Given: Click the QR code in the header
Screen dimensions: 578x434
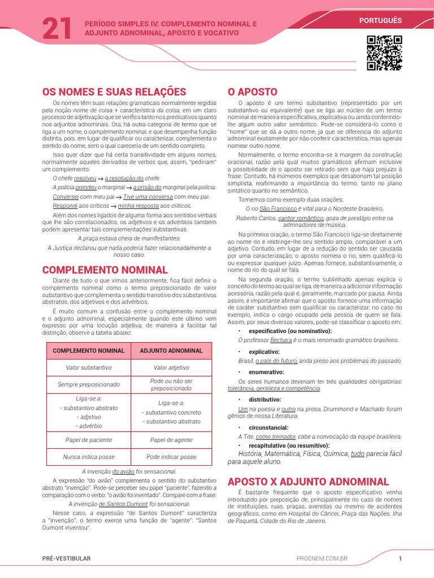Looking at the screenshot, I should (384, 53).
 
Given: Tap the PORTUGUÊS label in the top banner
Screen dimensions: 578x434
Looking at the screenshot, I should (380, 20).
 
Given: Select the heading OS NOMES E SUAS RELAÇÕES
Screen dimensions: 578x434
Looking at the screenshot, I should (114, 91).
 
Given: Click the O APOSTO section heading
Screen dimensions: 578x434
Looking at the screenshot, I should (252, 91).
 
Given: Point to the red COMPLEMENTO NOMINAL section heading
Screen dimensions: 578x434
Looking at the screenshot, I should (105, 270).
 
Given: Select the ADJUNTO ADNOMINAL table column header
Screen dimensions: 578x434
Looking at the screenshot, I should (171, 351).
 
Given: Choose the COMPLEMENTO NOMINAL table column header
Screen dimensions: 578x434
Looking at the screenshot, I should (88, 351).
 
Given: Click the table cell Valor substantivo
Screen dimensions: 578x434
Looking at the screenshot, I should (88, 367).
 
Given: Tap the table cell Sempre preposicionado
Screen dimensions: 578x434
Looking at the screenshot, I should (88, 384).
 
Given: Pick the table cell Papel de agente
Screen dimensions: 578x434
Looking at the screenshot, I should (171, 440).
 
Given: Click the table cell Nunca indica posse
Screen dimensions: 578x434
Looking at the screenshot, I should (88, 457).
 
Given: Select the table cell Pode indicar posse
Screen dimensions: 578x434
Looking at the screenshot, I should (171, 457).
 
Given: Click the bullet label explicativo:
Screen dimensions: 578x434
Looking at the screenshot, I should (264, 352).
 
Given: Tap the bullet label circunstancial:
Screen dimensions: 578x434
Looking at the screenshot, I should (268, 428).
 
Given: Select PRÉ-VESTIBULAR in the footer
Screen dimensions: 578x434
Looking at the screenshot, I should (66, 558).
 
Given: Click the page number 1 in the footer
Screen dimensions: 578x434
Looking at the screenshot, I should (400, 558).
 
